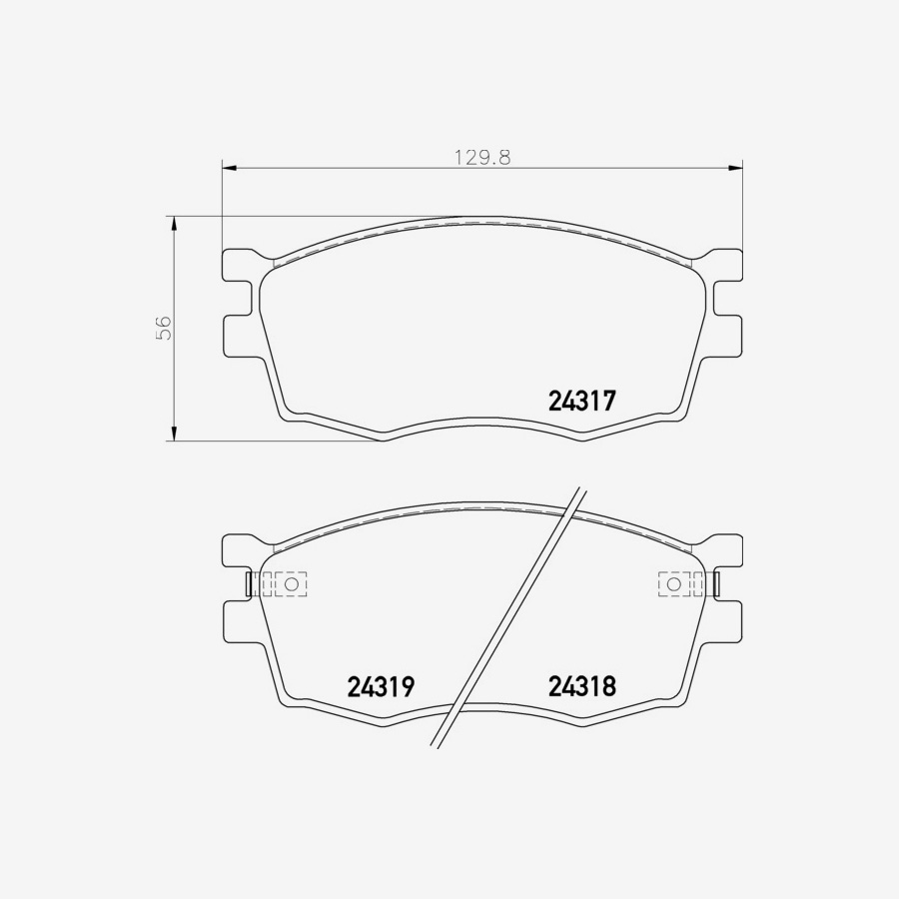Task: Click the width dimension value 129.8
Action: pos(482,157)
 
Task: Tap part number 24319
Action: pos(381,687)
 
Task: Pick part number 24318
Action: pos(581,687)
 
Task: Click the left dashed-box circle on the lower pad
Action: pos(292,583)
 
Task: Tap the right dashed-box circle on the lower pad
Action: pos(673,583)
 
